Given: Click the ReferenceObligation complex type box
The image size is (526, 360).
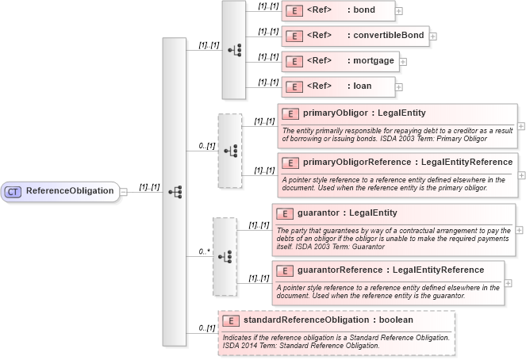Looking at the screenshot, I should pos(60,191).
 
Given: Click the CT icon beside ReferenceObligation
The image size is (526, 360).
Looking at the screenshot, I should pos(13,191).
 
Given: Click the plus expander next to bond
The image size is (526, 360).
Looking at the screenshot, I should pos(399,11).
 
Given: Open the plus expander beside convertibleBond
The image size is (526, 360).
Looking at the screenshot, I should pos(433,36).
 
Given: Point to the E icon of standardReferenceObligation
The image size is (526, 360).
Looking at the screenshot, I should pos(232,320).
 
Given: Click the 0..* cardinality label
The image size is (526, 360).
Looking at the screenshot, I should pos(203,251).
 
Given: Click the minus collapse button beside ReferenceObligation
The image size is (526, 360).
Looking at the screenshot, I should pos(124,191).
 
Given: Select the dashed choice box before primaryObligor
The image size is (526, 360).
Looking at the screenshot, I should pos(229,150).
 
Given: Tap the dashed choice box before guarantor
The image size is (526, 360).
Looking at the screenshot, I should pos(224,257).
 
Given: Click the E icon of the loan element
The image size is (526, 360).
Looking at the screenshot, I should pos(294,86).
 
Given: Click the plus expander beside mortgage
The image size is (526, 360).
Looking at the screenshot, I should pos(402,61).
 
